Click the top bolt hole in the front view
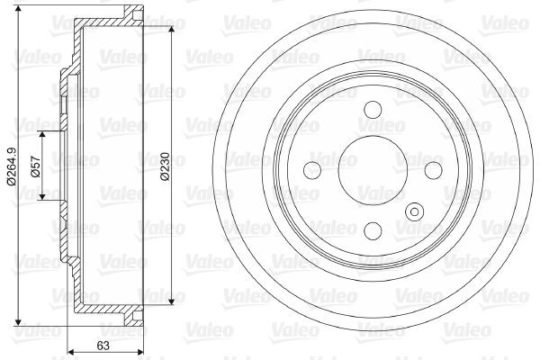(x=372, y=111)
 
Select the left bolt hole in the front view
(x=312, y=169)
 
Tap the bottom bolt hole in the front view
(x=372, y=229)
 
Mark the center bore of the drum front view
(x=372, y=169)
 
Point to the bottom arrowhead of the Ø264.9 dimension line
(x=18, y=322)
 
